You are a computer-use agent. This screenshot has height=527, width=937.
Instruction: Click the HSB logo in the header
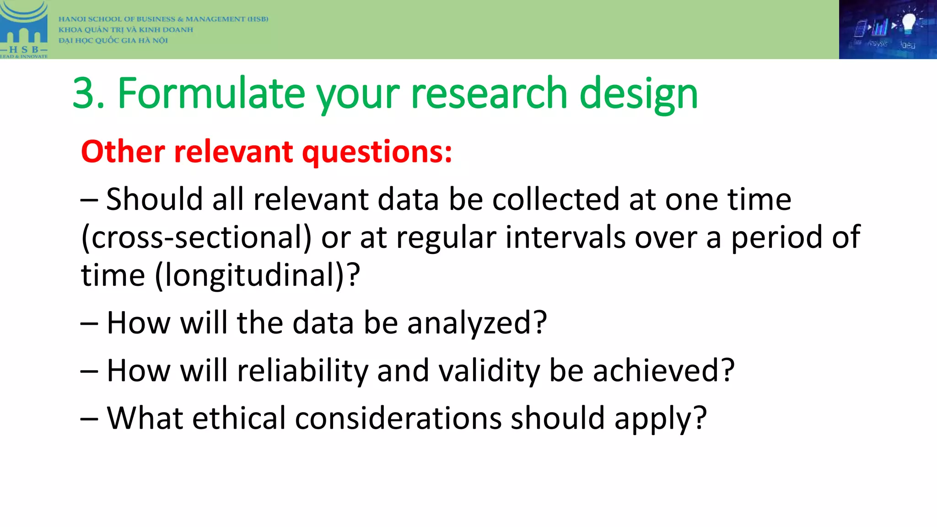tap(24, 29)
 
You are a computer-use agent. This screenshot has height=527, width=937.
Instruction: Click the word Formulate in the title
tap(211, 94)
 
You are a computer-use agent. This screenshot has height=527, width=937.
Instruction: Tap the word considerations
tap(398, 419)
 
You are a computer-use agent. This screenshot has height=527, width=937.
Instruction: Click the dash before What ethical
tap(89, 419)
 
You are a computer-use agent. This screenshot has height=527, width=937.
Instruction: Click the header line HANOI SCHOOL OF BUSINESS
tap(163, 19)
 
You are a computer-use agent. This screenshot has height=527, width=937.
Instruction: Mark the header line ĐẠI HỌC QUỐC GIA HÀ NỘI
tap(113, 40)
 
